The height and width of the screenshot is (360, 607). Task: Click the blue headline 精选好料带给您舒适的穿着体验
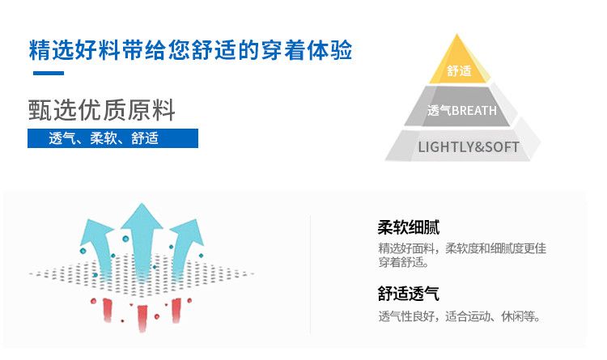point(191,50)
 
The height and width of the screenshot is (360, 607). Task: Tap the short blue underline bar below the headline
point(48,74)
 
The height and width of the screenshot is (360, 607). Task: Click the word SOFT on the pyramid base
point(501,146)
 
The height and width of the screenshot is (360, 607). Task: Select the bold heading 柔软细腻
point(409,227)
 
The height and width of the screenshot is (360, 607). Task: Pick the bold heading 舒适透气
point(409,294)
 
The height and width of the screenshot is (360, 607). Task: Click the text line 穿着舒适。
point(404,262)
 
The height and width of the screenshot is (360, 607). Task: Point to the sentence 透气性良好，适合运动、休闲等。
point(459,316)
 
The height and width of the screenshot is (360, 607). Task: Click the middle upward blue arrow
point(142,231)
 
